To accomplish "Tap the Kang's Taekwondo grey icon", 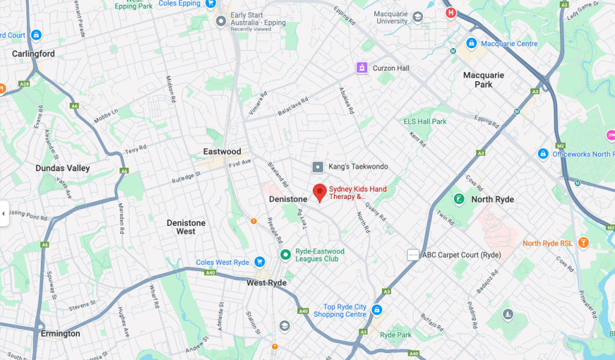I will point(318,166).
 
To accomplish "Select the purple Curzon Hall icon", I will point(362,68).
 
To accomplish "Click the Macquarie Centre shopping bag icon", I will point(471,44).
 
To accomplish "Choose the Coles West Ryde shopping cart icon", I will point(260,262).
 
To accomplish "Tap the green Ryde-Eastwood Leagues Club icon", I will point(286,255).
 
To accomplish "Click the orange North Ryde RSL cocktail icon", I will point(582,243).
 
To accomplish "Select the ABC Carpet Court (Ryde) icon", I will point(413,255).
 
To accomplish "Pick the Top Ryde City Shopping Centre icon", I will point(377,310).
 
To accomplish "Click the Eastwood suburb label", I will point(222,151).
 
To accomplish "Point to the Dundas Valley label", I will point(62,168).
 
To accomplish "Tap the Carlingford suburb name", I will point(33,54).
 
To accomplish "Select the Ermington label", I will point(60,334).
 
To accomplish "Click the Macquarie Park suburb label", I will point(483,80).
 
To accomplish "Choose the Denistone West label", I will point(186,227).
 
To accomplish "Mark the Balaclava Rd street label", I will point(293,106).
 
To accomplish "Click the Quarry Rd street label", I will point(379,212).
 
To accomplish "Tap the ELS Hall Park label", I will point(425,121).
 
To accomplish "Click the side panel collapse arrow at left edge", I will point(4,213).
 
